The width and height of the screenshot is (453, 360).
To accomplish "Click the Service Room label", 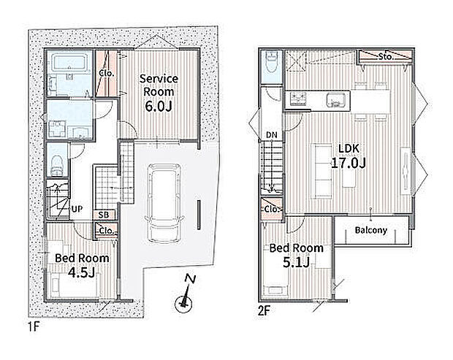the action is point(159,85).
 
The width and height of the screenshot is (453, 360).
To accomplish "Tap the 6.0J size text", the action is point(159,106).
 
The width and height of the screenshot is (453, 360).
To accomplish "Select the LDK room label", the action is point(349,148).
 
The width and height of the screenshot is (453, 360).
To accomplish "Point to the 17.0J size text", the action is point(349,163).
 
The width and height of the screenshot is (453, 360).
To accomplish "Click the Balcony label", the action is point(370,230).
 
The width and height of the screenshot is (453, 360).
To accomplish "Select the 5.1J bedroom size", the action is point(296,262).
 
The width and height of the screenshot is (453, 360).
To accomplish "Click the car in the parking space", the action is point(164,204).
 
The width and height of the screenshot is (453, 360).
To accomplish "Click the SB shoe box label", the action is point(104,215).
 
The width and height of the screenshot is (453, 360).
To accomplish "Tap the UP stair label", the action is point(77,209).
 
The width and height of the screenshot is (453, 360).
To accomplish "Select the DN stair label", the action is point(272,135).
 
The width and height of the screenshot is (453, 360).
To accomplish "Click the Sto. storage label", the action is point(386,56).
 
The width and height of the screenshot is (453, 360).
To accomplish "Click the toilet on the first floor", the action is point(57,166).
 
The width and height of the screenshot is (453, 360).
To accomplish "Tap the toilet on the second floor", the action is point(271,64).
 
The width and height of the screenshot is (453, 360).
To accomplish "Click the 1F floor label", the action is point(34,326).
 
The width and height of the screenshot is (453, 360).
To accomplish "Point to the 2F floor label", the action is point(264,311).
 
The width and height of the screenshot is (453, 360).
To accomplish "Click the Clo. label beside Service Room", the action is point(107,73).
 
